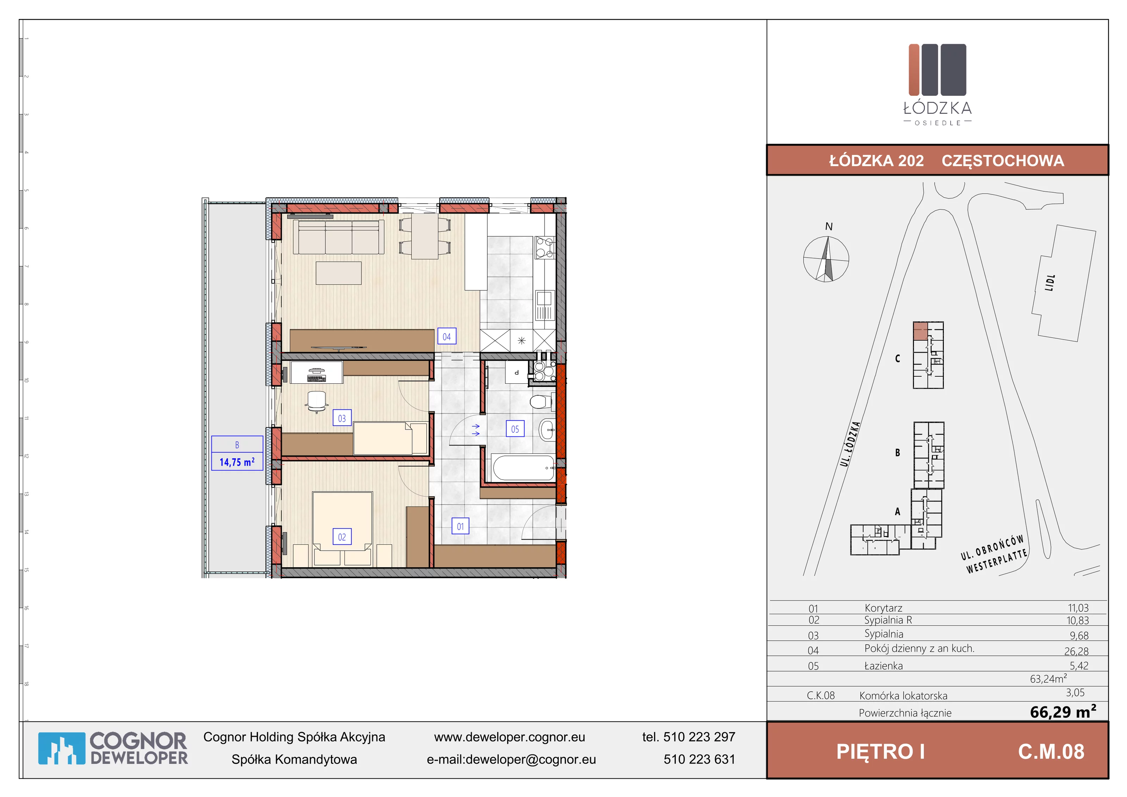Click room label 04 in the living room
[x=447, y=336]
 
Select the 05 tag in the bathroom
[x=515, y=429]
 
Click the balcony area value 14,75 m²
[x=237, y=462]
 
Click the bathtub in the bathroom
[x=523, y=468]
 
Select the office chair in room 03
[x=317, y=402]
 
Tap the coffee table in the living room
[x=339, y=273]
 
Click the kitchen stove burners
[x=545, y=247]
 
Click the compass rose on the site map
[x=826, y=259]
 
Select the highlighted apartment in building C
[x=920, y=331]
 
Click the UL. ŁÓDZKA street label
[x=850, y=444]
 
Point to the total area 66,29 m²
[x=1063, y=711]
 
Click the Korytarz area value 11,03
[x=1078, y=608]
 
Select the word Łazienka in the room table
[x=884, y=666]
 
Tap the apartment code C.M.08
[x=1051, y=751]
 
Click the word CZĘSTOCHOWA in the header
[x=1003, y=161]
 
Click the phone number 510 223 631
[x=699, y=759]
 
